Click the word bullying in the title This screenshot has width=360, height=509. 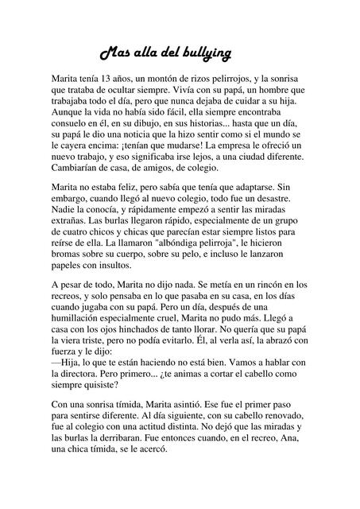[206, 54]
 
